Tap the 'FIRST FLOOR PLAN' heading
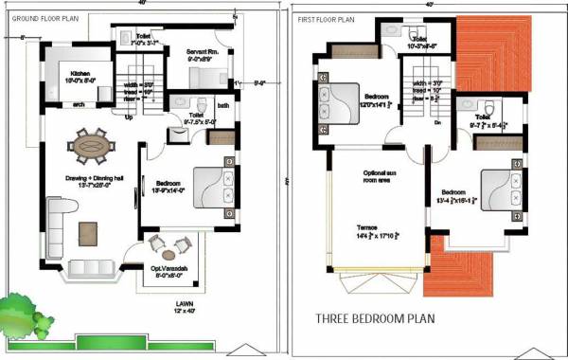327,19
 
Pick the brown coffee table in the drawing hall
88,230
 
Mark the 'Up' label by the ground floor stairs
129,117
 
